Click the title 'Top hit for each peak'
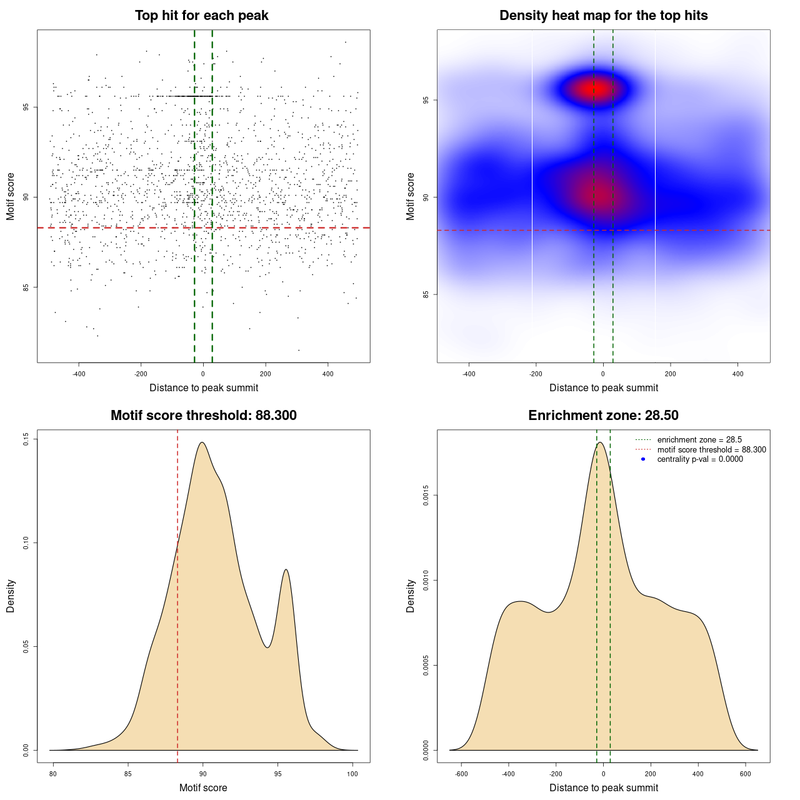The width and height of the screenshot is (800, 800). [201, 16]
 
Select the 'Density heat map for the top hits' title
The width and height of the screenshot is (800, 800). [603, 16]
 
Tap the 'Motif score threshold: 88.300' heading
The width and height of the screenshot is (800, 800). [203, 416]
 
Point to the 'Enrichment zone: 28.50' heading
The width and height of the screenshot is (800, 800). [603, 416]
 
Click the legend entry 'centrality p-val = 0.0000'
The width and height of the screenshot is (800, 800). [700, 459]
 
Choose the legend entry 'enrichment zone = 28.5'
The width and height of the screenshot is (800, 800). [699, 440]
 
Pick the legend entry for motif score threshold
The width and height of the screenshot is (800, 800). [711, 450]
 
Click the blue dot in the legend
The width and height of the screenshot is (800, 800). [643, 459]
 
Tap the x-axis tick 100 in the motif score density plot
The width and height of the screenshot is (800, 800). [352, 774]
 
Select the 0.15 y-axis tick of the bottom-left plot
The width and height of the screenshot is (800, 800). [26, 439]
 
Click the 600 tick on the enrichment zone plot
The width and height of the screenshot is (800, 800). [746, 774]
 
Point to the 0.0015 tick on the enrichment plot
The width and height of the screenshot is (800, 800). [426, 496]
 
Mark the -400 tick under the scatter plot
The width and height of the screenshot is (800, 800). [79, 374]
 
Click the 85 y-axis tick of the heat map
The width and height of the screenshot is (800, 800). [426, 294]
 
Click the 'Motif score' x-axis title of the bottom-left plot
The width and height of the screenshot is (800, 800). [203, 787]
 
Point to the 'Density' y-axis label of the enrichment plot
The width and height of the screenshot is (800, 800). [411, 596]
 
